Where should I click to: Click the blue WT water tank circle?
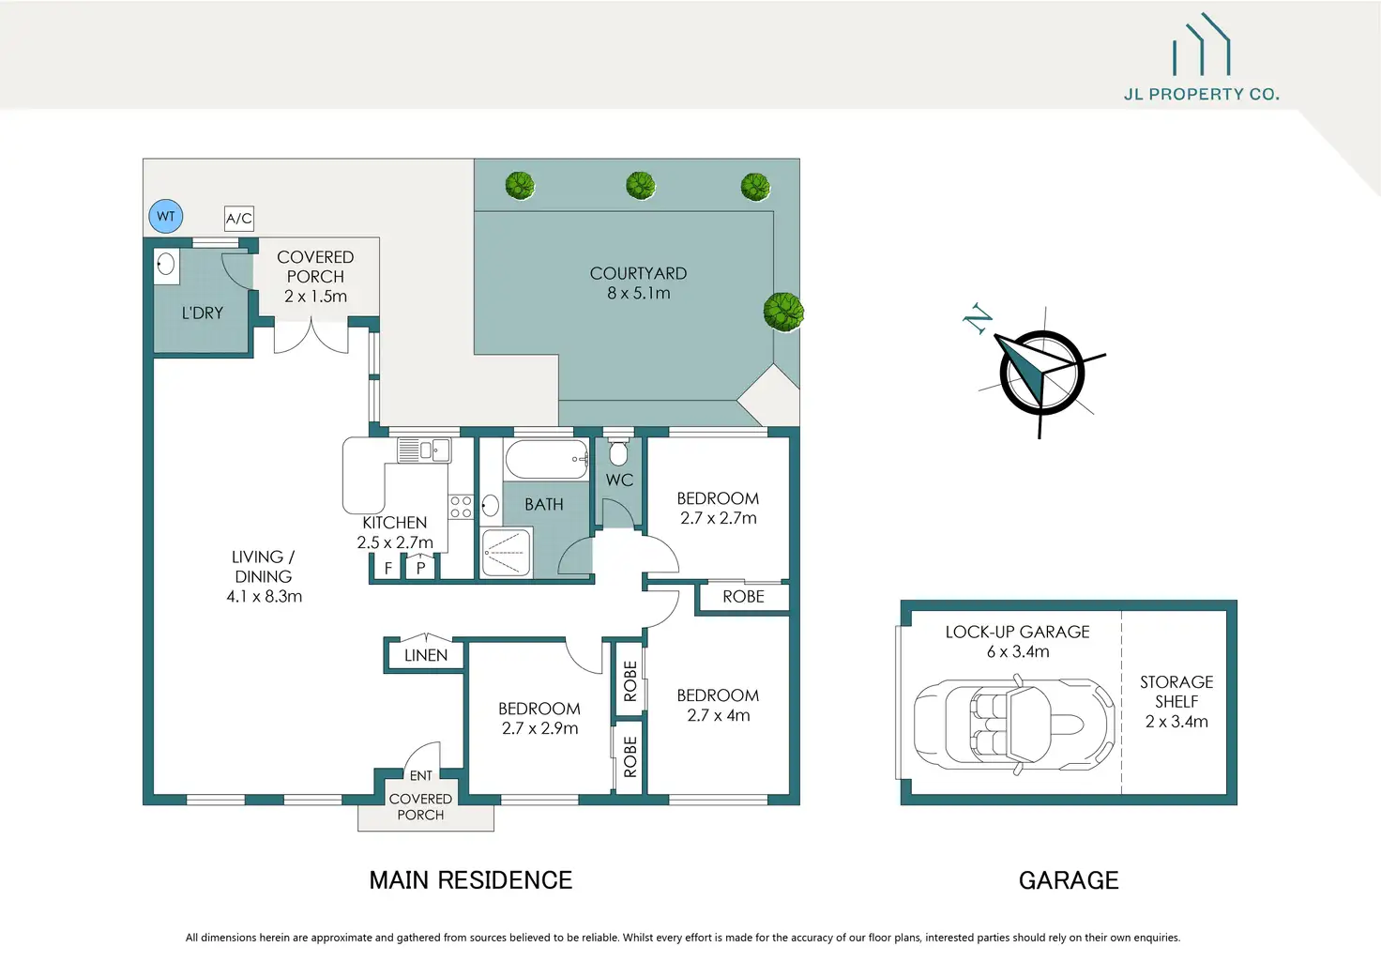166,216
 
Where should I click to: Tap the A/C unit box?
238,219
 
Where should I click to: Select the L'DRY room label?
203,313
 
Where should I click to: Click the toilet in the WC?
618,452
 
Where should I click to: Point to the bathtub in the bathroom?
547,459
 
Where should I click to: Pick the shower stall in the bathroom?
507,552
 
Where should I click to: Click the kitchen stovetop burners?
461,507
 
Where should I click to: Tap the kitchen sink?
424,450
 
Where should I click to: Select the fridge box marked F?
388,568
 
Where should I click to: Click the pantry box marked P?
420,568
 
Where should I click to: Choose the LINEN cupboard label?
426,655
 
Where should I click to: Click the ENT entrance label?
421,775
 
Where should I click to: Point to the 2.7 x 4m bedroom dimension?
719,715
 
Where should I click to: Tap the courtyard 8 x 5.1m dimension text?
639,293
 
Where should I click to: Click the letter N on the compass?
978,319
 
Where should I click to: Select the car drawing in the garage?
1014,724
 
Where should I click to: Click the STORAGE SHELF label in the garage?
1176,692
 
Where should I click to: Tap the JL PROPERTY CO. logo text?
1202,95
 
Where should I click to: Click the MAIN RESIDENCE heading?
471,880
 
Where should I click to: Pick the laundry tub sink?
166,266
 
